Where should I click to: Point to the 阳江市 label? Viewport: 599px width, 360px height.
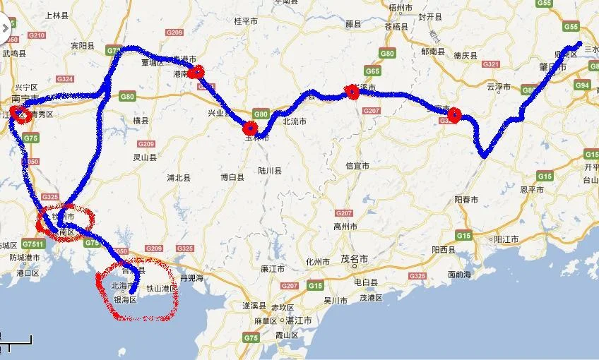(x=505, y=240)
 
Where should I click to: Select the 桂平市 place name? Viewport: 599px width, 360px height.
(x=247, y=21)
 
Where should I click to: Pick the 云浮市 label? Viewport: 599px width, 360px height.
(x=498, y=87)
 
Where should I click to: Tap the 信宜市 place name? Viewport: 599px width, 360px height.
(x=357, y=166)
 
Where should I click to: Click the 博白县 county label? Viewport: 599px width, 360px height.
(x=232, y=177)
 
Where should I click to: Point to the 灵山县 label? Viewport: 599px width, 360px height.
(x=146, y=157)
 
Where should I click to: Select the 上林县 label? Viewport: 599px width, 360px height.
(x=56, y=14)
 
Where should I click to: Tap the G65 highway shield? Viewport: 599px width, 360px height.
(x=372, y=71)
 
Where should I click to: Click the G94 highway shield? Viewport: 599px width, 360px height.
(x=582, y=85)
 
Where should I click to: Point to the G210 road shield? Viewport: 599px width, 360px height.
(x=37, y=35)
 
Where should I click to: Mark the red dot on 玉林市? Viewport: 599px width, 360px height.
(x=249, y=128)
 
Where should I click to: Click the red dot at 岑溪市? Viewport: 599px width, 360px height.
(x=352, y=90)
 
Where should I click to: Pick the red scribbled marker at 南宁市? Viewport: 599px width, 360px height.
(x=20, y=114)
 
